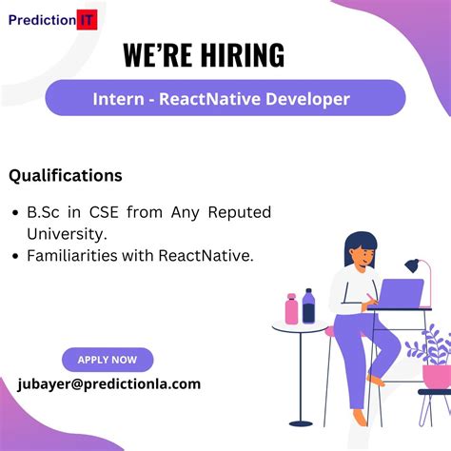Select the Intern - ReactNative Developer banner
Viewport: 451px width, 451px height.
click(x=225, y=98)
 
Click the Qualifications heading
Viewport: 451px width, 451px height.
click(x=66, y=175)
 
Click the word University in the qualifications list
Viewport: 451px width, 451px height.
click(x=66, y=232)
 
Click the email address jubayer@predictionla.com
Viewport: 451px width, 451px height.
click(x=109, y=383)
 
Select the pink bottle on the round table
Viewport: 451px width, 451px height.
click(x=291, y=309)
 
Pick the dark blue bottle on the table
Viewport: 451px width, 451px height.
click(x=308, y=306)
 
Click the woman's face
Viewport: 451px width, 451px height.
click(x=359, y=255)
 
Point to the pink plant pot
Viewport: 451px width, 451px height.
click(x=436, y=376)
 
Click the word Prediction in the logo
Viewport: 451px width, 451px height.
click(x=45, y=18)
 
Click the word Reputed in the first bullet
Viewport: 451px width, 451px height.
click(x=240, y=211)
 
